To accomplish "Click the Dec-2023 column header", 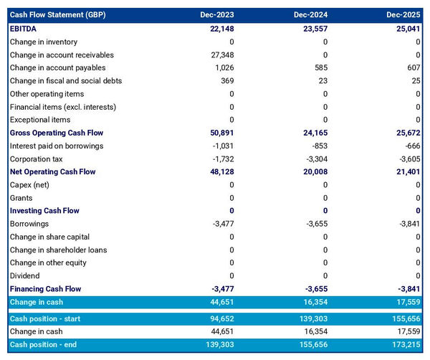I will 218,14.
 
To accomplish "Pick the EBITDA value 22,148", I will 220,29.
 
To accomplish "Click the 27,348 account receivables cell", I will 220,55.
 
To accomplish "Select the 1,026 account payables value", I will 223,68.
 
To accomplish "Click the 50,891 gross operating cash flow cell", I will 220,133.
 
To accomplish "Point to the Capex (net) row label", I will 31,185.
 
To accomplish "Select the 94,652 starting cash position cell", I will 220,318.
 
